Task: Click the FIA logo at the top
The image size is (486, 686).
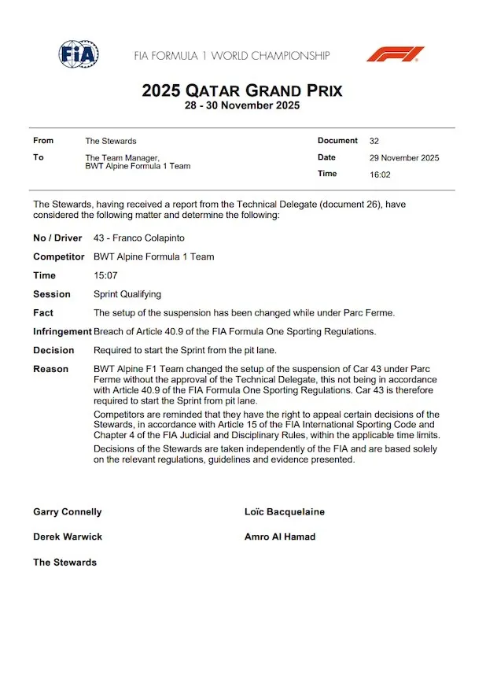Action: pyautogui.click(x=79, y=54)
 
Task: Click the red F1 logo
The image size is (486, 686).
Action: pyautogui.click(x=395, y=54)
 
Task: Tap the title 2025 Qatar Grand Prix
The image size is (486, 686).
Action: pyautogui.click(x=242, y=90)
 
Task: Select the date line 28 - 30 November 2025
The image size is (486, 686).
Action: pyautogui.click(x=242, y=106)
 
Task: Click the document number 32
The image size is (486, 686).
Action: pyautogui.click(x=374, y=141)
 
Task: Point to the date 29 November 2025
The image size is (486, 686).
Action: pyautogui.click(x=404, y=157)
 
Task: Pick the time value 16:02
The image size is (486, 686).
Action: pyautogui.click(x=381, y=174)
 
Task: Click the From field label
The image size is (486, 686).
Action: pyautogui.click(x=43, y=141)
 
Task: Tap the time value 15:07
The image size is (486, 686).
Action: pyautogui.click(x=105, y=275)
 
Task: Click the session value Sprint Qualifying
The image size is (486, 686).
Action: pyautogui.click(x=127, y=294)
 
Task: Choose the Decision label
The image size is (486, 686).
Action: pyautogui.click(x=53, y=350)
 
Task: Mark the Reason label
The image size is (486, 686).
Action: pyautogui.click(x=50, y=369)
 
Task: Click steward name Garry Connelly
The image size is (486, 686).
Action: pyautogui.click(x=68, y=512)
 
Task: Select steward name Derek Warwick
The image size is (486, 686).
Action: pyautogui.click(x=68, y=537)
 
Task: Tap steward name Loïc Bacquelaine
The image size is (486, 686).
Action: pyautogui.click(x=285, y=512)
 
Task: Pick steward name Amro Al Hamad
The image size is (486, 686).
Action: pyautogui.click(x=280, y=537)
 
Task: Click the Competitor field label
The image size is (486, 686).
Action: pyautogui.click(x=59, y=256)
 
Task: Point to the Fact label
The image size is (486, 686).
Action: pyautogui.click(x=43, y=313)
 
